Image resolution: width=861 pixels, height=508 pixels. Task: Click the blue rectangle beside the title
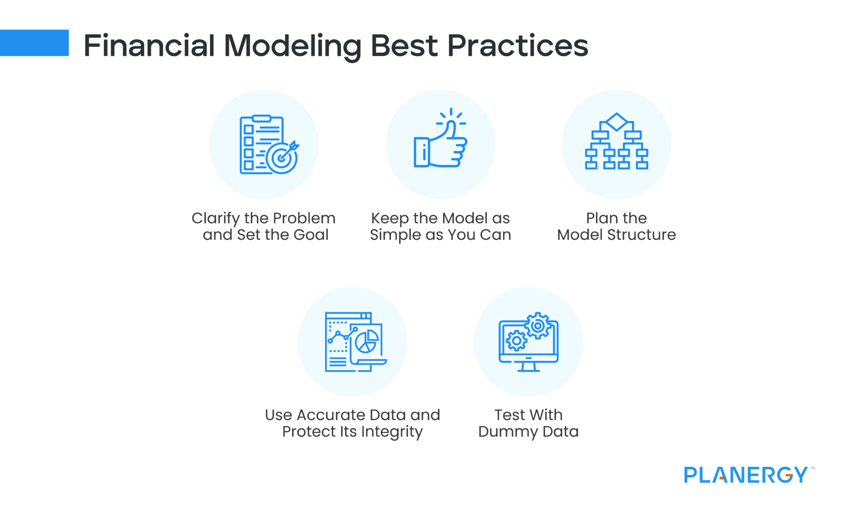point(34,43)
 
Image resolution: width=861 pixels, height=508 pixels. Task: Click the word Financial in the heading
point(149,45)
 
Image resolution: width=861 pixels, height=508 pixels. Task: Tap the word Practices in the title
point(517,45)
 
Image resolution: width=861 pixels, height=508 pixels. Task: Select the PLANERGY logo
point(746,475)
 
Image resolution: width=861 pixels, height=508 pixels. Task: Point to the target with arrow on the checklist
point(282,158)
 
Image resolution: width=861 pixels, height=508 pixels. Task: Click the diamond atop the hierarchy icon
point(616,121)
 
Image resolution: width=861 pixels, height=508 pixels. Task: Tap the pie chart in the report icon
point(367,341)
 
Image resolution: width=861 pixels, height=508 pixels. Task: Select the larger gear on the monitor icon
point(538,326)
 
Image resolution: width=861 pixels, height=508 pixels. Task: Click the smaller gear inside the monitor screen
point(516,340)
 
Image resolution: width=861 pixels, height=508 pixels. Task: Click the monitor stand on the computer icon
point(528,367)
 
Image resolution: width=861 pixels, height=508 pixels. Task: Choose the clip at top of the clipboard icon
point(261,118)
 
